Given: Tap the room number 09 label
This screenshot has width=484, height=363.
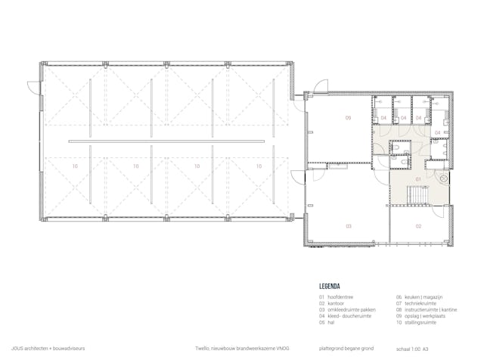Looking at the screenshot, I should tap(349, 118).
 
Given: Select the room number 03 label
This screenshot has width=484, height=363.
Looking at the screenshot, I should tap(349, 226).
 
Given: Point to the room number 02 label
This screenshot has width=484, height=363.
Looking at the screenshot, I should tap(417, 226).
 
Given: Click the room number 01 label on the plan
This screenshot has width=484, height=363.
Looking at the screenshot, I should tap(419, 178).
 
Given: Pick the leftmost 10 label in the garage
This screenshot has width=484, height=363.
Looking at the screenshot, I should tap(74, 166).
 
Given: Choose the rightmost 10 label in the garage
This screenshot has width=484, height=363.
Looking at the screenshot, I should tap(259, 166).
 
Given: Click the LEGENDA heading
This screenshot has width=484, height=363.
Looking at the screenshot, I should tap(330, 287).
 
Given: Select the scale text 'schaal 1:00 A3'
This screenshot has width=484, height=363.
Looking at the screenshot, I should tap(411, 349).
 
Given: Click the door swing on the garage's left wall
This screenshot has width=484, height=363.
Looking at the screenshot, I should tap(31, 88).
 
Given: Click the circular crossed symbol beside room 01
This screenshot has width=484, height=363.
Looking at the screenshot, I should tap(444, 178).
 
